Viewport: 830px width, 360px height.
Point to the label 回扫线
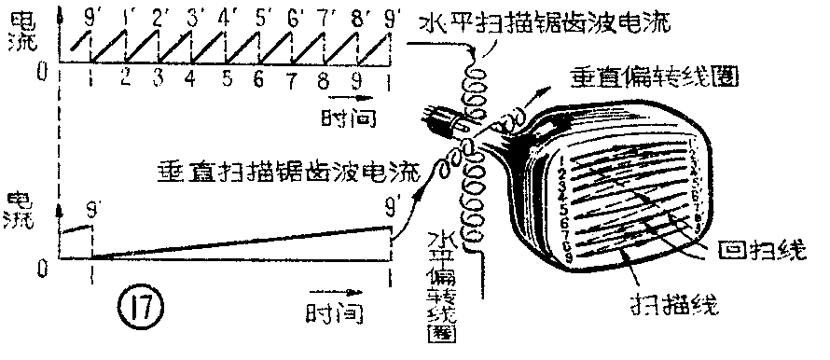tap(760, 252)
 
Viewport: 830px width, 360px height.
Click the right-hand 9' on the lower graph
tap(391, 199)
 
